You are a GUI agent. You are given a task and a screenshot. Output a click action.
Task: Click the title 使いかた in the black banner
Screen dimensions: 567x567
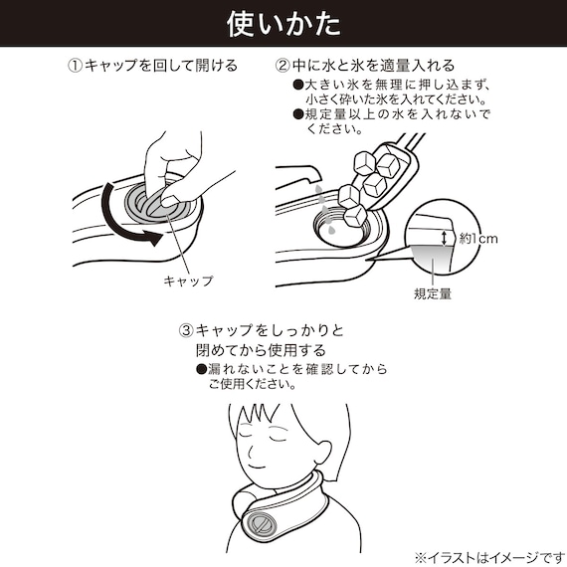283,22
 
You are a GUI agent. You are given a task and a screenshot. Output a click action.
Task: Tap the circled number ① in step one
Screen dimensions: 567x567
74,66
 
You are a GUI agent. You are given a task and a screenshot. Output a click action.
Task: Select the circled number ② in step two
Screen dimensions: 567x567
283,66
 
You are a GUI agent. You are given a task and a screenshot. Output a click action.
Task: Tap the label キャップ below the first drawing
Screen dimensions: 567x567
188,281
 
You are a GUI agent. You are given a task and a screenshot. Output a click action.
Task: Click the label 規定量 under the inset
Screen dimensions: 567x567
434,293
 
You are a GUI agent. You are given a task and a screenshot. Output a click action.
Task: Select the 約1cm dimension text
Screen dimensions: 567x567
477,238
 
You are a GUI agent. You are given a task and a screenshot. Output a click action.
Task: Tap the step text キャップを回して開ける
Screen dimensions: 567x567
159,66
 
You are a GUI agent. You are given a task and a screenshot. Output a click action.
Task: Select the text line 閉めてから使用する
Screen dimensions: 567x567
260,350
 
